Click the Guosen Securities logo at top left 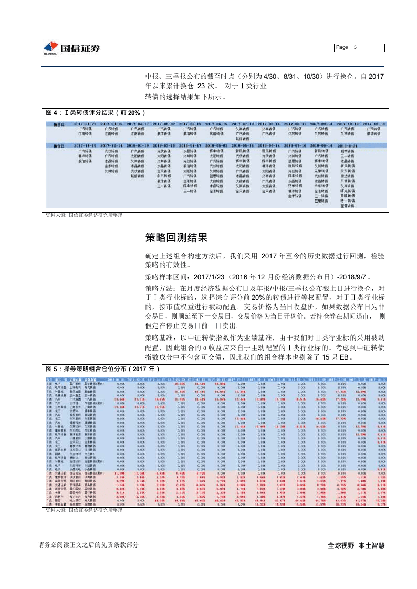[x=72, y=48]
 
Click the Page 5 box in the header [x=360, y=48]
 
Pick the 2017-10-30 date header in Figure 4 [x=373, y=124]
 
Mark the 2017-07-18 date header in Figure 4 [x=242, y=124]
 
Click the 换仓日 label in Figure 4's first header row [x=59, y=124]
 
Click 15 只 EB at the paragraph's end [x=341, y=357]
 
